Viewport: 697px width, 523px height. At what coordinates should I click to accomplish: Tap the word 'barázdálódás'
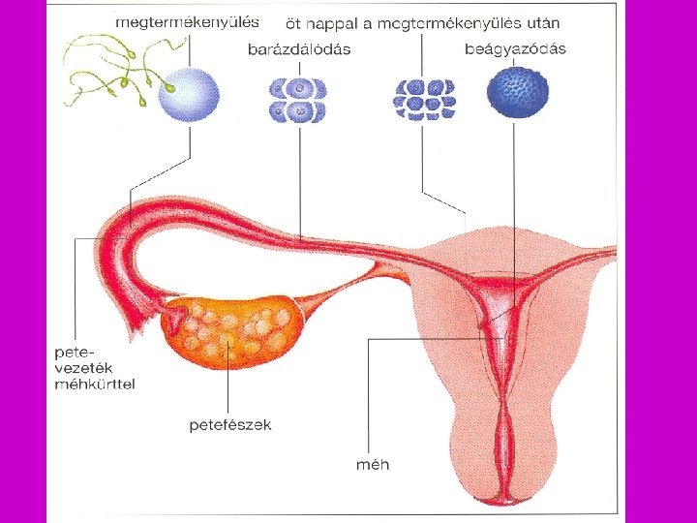[x=299, y=49]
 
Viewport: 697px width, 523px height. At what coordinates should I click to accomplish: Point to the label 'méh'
[x=373, y=464]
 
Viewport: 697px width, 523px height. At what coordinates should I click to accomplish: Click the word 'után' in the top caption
[x=539, y=21]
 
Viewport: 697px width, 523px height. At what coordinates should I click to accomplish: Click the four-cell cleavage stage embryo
[x=300, y=99]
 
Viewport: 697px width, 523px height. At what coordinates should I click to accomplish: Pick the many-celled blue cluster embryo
[x=423, y=99]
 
